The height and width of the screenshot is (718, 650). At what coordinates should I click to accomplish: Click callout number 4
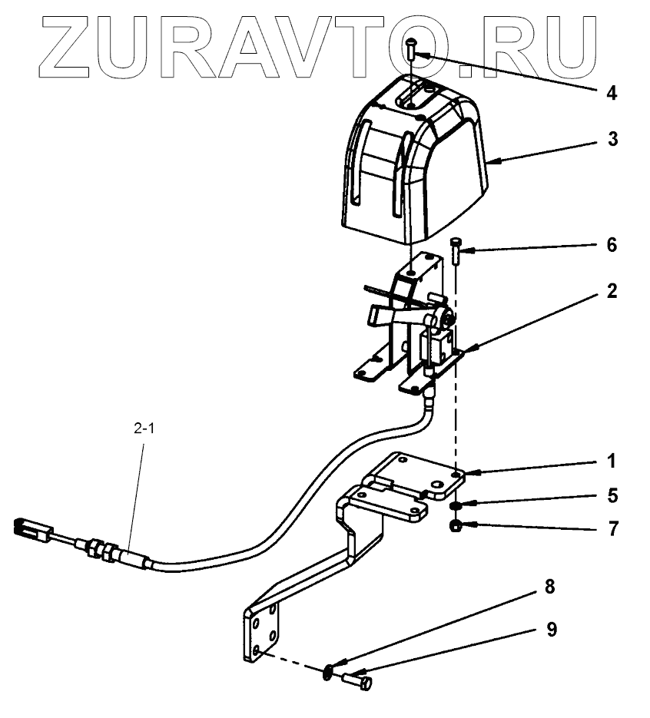(611, 94)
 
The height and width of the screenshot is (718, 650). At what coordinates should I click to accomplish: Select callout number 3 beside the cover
(612, 141)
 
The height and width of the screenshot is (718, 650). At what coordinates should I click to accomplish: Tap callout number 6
(612, 245)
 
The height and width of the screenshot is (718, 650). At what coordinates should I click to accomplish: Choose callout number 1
(612, 462)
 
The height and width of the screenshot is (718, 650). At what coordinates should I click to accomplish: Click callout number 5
(612, 495)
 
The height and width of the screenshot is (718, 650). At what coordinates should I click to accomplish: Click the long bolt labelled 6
(456, 251)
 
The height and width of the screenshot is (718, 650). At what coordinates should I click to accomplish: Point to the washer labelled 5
(456, 506)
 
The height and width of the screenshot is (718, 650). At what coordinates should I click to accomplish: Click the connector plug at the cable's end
(33, 530)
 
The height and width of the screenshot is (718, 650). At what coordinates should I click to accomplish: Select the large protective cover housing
(415, 161)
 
